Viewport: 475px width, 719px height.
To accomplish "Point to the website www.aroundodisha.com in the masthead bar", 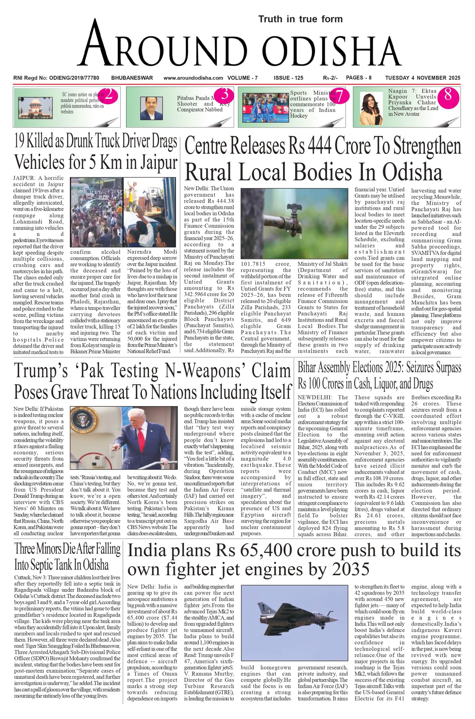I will click(x=193, y=78).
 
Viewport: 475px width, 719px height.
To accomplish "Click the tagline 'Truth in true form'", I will click(x=300, y=19).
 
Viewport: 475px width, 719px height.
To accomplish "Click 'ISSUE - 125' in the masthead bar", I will click(x=288, y=78).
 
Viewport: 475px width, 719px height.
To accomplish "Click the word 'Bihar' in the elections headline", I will click(x=309, y=368).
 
